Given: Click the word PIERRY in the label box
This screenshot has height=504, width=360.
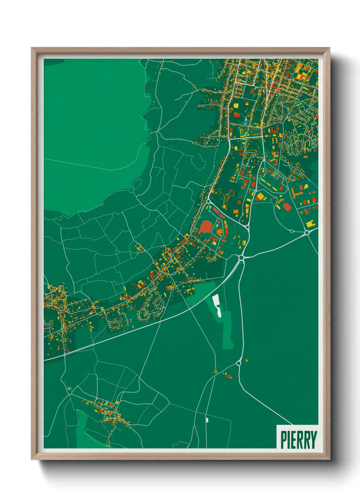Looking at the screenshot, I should tap(298, 440).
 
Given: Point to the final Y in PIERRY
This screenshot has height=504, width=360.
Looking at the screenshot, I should tap(313, 440).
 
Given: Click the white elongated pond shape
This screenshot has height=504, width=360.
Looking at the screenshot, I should tap(216, 305).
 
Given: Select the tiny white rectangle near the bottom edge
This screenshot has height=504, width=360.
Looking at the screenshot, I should tap(207, 420).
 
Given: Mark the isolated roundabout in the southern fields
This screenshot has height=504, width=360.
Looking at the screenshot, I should tap(238, 363).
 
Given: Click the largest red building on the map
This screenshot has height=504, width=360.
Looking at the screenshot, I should tap(206, 227).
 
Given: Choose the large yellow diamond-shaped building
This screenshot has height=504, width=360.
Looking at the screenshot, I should tap(260, 196).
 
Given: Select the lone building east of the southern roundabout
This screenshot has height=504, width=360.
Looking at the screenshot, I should tap(246, 360).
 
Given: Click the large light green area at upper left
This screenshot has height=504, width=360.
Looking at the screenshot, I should tap(92, 129).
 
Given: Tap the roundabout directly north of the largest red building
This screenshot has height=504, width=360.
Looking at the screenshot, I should tap(208, 202).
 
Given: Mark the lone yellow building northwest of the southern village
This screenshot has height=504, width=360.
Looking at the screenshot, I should tap(69, 388).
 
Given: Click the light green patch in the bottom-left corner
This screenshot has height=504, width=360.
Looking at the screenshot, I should tap(82, 429).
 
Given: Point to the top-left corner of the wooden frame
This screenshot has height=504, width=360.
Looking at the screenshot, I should tap(32, 49).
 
